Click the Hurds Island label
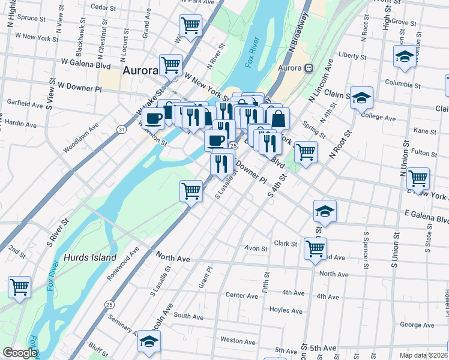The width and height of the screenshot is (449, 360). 91,257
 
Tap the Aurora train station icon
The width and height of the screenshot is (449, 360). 310,68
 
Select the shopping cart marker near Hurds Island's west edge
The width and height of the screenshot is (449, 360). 19,287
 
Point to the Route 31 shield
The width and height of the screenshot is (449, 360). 122,129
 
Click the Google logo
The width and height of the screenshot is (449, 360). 19,353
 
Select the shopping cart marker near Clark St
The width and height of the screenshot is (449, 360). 315,247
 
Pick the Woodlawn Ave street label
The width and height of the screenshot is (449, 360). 80,137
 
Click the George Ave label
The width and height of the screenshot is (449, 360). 417,325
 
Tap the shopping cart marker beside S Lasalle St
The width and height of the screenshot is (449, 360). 191,191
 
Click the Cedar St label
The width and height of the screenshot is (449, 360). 103,7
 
